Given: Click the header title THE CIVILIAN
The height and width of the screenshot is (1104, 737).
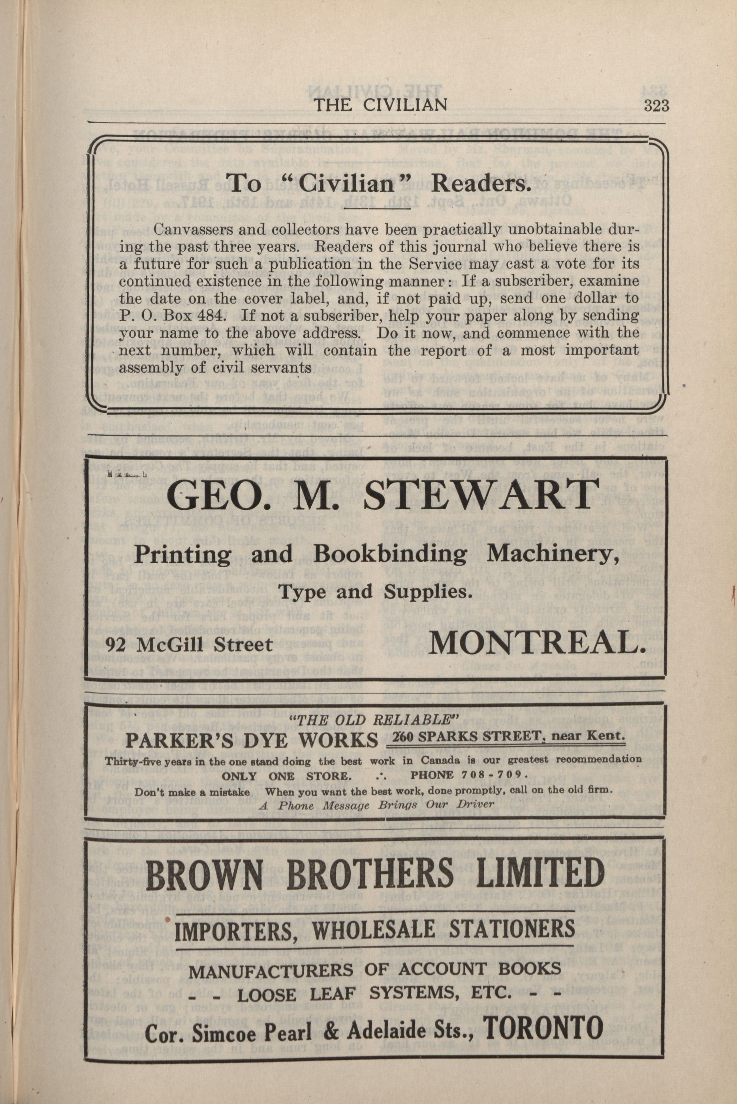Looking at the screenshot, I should [x=380, y=105].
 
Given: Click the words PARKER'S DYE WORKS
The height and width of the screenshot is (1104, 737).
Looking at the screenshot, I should [x=252, y=741].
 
